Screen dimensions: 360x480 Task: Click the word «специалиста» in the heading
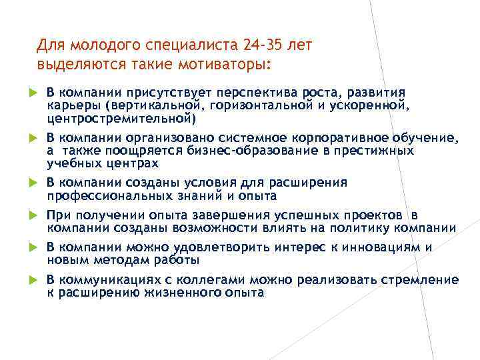[188, 45]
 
